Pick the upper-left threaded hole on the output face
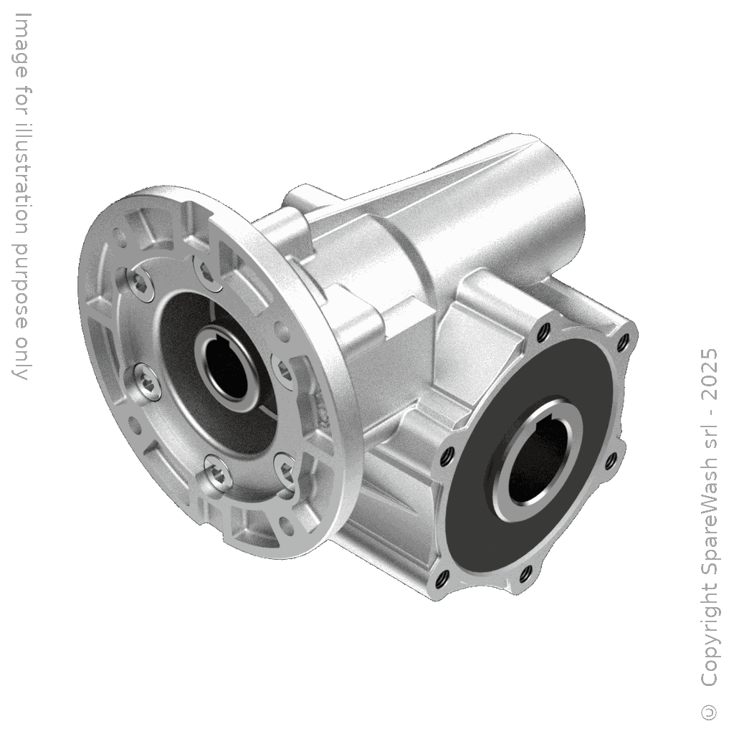pos(543,331)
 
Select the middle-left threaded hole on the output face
pos(448,453)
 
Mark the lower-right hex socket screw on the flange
pos(285,466)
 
